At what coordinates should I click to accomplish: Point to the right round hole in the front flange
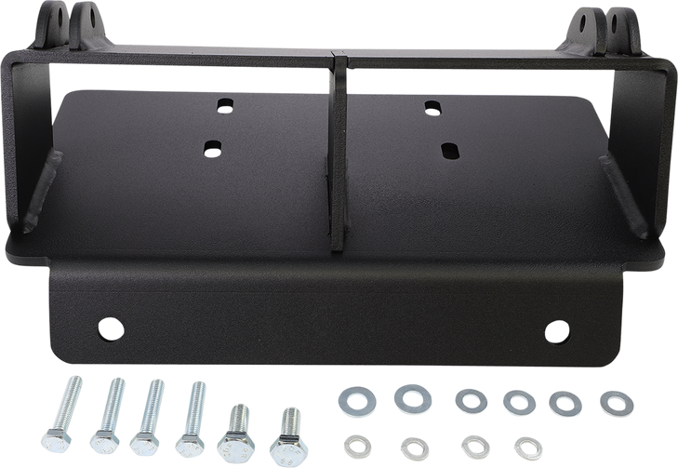(x=556, y=330)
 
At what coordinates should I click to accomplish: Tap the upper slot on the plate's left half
(x=223, y=106)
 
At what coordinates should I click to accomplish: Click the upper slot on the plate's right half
(x=432, y=106)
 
